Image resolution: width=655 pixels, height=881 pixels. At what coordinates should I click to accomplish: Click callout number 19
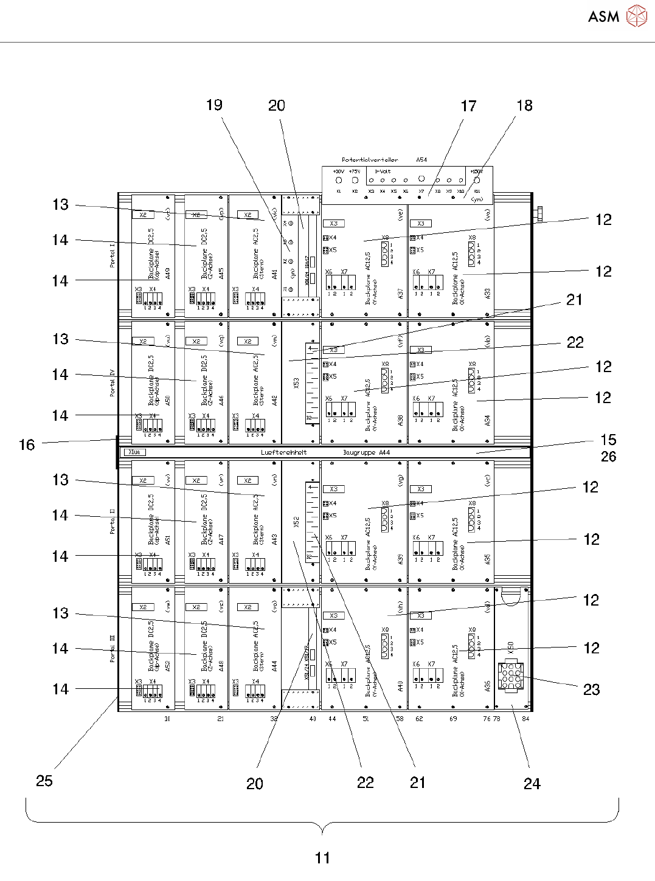tap(214, 105)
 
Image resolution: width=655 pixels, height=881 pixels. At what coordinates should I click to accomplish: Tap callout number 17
tap(468, 106)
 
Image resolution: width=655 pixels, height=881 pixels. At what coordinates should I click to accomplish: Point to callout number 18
tap(524, 106)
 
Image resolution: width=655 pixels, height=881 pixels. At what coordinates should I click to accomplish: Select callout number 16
tap(27, 445)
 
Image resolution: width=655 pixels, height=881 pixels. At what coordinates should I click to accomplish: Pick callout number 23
tap(591, 689)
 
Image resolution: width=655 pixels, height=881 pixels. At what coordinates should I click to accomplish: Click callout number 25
tap(44, 781)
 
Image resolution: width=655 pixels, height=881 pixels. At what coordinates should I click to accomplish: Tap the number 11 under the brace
tap(322, 858)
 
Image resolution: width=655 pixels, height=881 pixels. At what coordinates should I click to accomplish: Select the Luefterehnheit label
tap(284, 452)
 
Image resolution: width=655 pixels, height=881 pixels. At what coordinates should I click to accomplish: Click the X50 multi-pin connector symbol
tap(510, 676)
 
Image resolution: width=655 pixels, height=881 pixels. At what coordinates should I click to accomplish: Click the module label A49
tap(168, 274)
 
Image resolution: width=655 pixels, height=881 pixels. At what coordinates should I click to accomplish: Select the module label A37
tap(401, 294)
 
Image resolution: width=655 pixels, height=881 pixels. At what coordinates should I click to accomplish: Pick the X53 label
tap(297, 382)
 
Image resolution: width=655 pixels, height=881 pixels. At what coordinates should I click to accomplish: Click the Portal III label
tap(113, 649)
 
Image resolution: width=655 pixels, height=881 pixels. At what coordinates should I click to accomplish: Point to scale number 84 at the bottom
tap(525, 719)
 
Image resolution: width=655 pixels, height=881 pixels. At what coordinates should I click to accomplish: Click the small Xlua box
tap(135, 452)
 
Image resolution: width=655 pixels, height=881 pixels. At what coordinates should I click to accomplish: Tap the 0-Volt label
tap(383, 171)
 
